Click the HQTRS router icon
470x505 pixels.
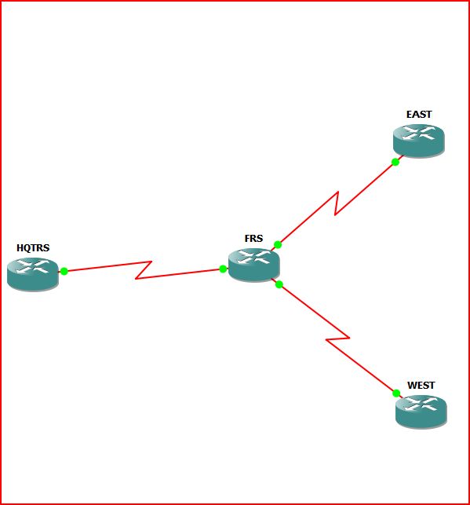point(33,275)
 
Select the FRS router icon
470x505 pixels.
point(253,265)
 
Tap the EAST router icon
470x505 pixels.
point(419,141)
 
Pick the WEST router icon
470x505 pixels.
point(421,412)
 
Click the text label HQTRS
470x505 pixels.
point(33,247)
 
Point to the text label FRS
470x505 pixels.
point(253,238)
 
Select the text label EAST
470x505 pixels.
point(419,115)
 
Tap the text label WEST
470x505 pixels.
point(421,385)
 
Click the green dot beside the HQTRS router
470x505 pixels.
point(64,271)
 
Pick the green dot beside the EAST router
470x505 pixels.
point(395,162)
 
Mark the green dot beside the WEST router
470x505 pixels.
point(396,393)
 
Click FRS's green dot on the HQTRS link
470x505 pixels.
point(223,269)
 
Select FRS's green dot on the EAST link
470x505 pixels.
point(278,245)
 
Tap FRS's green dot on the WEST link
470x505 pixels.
point(279,284)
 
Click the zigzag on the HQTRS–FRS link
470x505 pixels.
point(144,270)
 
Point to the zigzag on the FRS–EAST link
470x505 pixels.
point(337,203)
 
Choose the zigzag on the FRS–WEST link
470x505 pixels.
point(337,338)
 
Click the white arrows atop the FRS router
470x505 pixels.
point(253,258)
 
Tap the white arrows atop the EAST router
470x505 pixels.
point(419,133)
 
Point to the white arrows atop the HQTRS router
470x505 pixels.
point(33,267)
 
